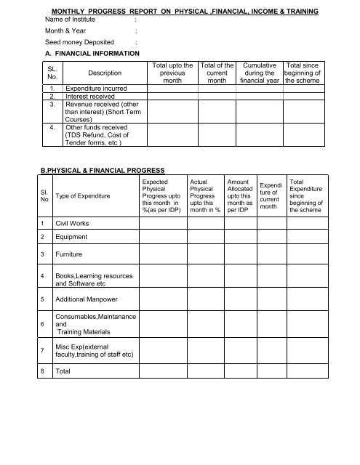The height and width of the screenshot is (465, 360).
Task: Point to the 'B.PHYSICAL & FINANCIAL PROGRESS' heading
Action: pos(95,170)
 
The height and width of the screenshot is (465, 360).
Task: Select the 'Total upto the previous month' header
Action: pos(173,73)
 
